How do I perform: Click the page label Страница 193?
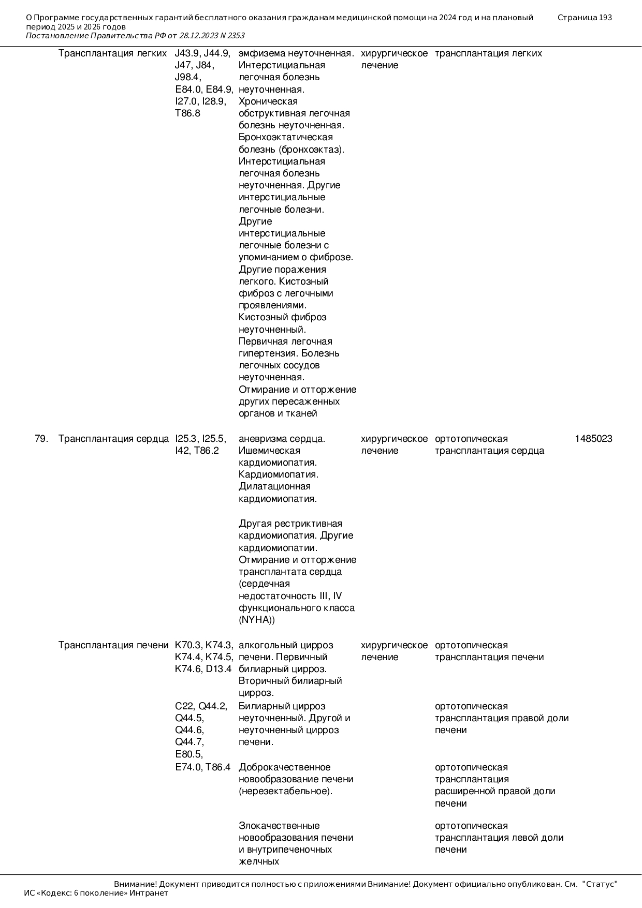(x=585, y=18)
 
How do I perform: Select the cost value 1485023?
(x=593, y=439)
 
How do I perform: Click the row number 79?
(x=41, y=439)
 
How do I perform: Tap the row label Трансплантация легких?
(x=112, y=53)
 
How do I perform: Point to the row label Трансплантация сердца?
(x=113, y=439)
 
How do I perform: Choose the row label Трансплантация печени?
(x=113, y=645)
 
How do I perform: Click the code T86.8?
(x=187, y=113)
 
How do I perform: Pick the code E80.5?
(x=189, y=754)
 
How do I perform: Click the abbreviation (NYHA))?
(x=257, y=620)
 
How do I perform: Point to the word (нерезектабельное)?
(x=285, y=791)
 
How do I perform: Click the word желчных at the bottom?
(x=259, y=861)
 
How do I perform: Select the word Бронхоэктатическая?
(x=285, y=137)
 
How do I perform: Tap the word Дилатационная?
(x=274, y=486)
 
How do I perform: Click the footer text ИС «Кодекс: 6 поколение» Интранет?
(x=96, y=893)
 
